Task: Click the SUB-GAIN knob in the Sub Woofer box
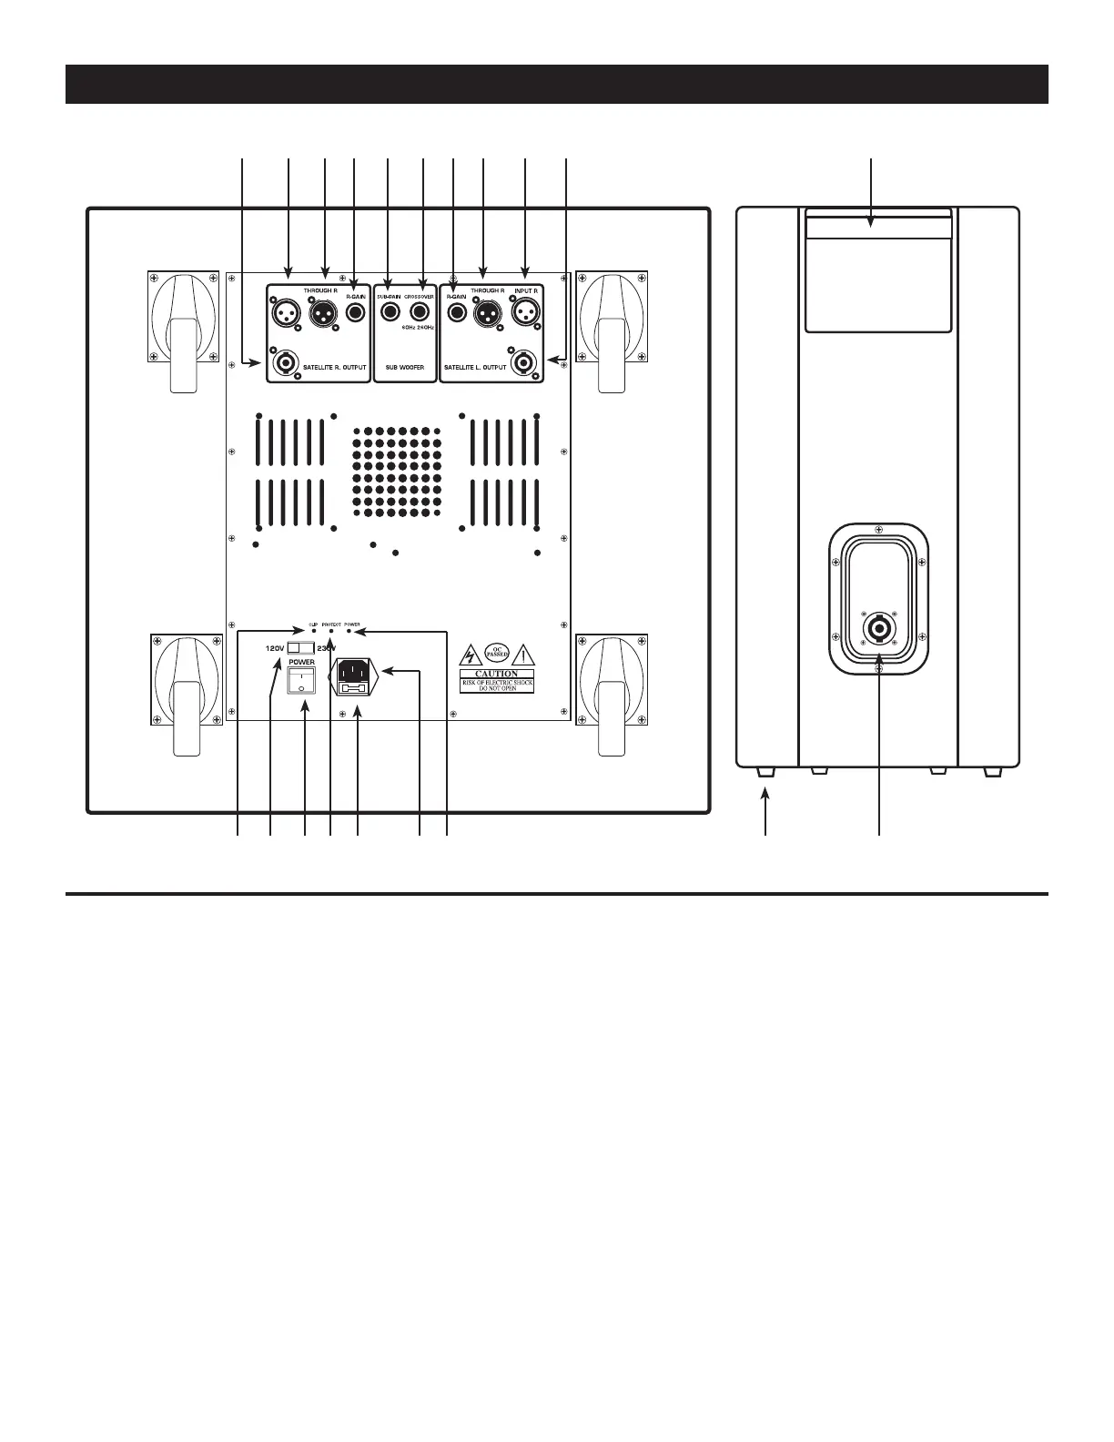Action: [391, 314]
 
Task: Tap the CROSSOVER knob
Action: [420, 314]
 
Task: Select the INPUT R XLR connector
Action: [525, 314]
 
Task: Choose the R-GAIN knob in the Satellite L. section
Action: [453, 314]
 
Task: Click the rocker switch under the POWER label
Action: [301, 679]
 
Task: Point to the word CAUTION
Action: [497, 674]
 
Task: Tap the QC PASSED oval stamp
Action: [496, 653]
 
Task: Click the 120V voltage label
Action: [275, 648]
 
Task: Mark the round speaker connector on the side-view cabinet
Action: [879, 629]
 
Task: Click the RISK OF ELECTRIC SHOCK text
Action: [497, 683]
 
